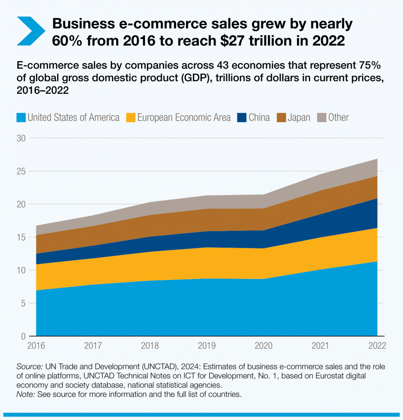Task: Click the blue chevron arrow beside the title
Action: point(31,31)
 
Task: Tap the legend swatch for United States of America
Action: point(21,118)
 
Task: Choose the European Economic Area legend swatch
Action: point(131,118)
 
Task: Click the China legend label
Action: point(259,118)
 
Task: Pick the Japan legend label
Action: point(299,118)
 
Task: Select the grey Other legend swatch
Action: point(322,118)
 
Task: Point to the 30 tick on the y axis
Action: point(21,138)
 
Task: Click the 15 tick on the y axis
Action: point(21,237)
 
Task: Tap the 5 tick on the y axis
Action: point(23,303)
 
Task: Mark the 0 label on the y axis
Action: point(23,336)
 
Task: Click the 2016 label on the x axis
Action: point(36,346)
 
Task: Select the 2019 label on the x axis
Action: point(207,346)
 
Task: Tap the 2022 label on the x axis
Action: point(377,346)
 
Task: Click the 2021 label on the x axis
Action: point(320,346)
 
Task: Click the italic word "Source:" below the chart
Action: point(29,367)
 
